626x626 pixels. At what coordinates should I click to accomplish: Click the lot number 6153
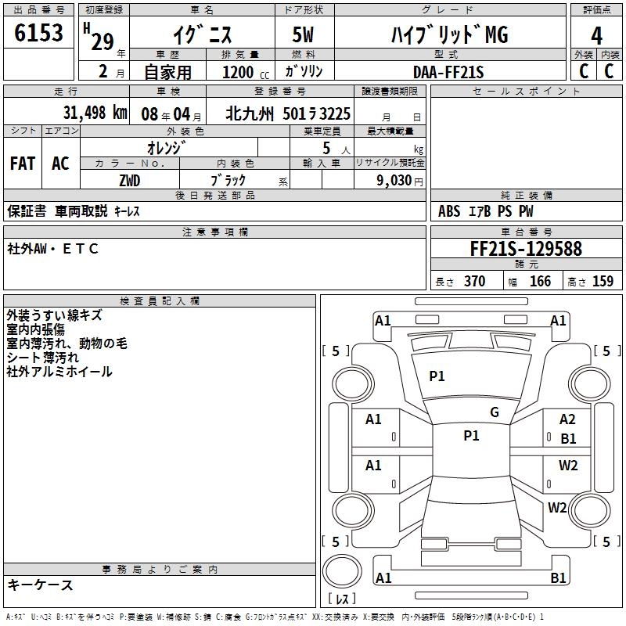click(x=38, y=33)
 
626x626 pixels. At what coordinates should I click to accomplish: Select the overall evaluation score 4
click(x=596, y=36)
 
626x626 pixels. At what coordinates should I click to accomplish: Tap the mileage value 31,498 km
click(x=95, y=113)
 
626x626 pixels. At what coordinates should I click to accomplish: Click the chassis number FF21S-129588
click(x=526, y=249)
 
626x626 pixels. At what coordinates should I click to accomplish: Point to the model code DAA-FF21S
click(x=448, y=72)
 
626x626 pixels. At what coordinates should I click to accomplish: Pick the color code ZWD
click(x=130, y=181)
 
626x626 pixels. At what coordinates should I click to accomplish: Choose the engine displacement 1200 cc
click(x=246, y=72)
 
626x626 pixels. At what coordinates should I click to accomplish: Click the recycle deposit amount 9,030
click(x=394, y=180)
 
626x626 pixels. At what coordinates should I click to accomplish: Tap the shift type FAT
click(x=23, y=164)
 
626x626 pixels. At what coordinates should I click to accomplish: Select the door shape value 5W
click(x=303, y=34)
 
